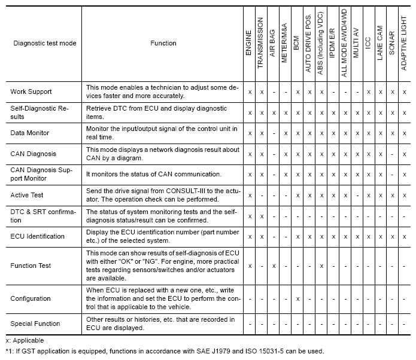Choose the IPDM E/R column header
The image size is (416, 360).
point(333,43)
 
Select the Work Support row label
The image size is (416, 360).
point(31,91)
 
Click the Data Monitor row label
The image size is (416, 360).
point(30,132)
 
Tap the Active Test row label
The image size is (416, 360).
point(28,195)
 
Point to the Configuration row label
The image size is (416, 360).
point(30,298)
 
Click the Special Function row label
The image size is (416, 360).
point(35,324)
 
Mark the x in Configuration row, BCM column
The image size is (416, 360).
point(297,298)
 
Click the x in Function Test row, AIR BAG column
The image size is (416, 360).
point(274,266)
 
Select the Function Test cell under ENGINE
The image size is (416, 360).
point(250,266)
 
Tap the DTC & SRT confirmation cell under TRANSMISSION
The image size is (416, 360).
point(262,216)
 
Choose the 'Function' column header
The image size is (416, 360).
point(163,43)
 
